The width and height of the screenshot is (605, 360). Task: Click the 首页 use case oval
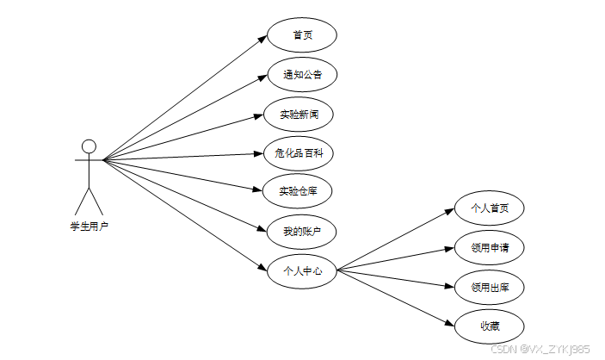coord(301,35)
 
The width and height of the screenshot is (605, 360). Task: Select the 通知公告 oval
coord(301,74)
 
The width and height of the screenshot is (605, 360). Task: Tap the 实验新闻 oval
coord(301,114)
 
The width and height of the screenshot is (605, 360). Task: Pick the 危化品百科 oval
coord(301,153)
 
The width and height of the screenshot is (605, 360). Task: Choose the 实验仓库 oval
coord(301,191)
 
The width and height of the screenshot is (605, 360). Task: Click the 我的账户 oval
coord(301,231)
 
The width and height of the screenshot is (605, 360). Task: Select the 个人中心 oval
coord(301,270)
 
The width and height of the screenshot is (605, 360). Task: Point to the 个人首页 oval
coord(489,208)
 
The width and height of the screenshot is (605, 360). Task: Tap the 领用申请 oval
coord(489,248)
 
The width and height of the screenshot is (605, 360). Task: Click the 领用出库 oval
coord(489,287)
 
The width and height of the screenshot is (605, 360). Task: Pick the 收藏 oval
coord(489,326)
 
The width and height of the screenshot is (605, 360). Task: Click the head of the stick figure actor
coord(89,146)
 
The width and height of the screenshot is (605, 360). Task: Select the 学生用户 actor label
coord(89,227)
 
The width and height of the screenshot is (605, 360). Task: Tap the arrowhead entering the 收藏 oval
coord(449,322)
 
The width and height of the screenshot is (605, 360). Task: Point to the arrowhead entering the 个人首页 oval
coord(450,212)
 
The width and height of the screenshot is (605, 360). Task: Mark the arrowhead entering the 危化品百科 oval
coord(262,153)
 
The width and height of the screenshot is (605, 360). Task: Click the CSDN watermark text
coord(540,349)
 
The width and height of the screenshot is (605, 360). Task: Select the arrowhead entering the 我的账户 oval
coord(262,228)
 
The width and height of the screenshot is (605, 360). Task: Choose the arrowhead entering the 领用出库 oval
coord(449,284)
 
